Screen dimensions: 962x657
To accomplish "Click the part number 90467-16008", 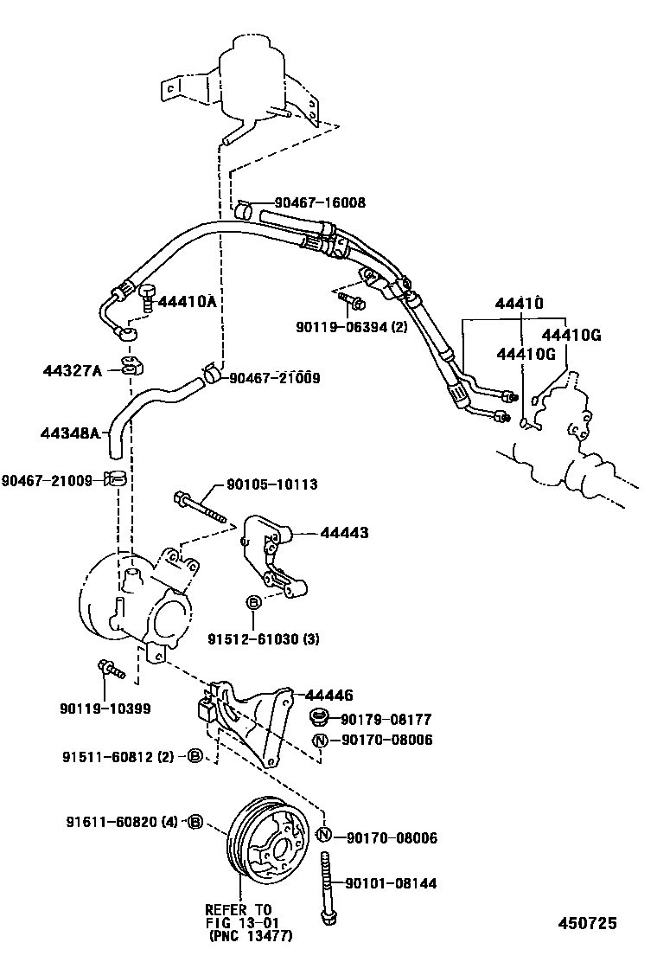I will coord(319,202).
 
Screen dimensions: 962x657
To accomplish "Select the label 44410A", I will coord(187,302).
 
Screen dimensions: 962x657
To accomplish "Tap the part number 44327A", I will coord(72,371).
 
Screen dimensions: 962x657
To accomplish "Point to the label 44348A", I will coord(72,433).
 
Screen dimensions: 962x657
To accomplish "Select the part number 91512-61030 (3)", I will coord(263,639).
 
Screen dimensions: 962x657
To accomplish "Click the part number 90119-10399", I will coord(105,709).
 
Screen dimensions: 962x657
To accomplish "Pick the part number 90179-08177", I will coord(386,719).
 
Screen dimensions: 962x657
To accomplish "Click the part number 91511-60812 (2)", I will coord(120,756).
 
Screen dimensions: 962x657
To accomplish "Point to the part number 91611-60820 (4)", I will coord(122,821).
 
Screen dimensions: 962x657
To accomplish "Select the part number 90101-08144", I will coord(391,883).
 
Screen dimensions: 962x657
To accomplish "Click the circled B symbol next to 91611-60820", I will coord(195,821).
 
